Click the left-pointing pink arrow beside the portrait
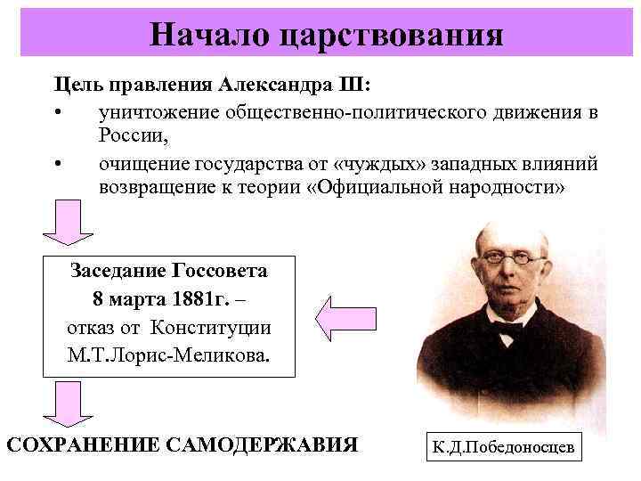345,318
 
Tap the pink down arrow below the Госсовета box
66,404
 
